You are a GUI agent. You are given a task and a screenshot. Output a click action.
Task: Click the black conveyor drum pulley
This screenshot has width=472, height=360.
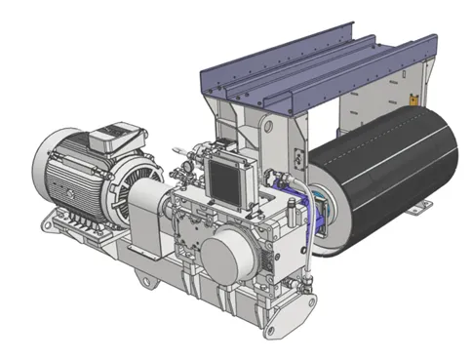coord(380,184)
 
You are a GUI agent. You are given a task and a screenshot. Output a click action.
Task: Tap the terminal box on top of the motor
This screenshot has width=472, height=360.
coord(118,134)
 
